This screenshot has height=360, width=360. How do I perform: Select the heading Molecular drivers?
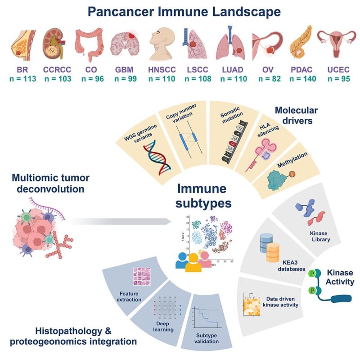(302, 115)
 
